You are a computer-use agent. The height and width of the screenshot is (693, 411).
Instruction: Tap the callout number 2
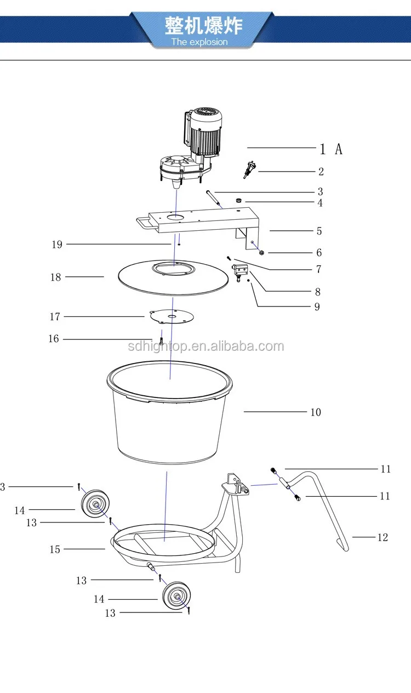321,172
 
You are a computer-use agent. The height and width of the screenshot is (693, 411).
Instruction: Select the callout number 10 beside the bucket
316,412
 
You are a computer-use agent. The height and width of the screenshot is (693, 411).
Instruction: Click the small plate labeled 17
172,316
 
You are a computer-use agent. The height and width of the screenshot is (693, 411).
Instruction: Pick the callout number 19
57,245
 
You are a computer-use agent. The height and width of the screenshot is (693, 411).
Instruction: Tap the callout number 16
54,339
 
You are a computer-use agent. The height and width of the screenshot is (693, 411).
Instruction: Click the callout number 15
55,549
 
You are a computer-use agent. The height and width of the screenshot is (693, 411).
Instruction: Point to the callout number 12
382,537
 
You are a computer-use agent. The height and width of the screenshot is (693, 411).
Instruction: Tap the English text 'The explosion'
199,42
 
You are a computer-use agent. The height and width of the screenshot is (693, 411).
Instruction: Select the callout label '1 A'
331,149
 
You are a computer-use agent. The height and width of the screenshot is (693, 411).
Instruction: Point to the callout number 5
319,231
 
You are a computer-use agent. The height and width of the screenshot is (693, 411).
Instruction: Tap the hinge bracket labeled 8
240,270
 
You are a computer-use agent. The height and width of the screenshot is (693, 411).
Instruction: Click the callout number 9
317,307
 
